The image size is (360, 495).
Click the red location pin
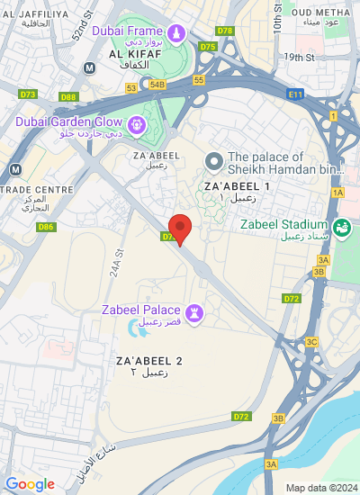(181, 229)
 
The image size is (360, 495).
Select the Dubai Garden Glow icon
(138, 124)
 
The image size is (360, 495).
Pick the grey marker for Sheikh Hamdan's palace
(213, 161)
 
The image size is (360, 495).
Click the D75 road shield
(209, 46)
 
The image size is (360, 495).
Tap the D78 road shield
(225, 31)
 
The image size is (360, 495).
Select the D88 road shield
(68, 96)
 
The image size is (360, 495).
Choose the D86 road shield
(46, 227)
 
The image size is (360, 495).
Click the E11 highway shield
(296, 93)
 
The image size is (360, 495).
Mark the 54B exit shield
(158, 85)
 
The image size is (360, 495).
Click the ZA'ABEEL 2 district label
(149, 361)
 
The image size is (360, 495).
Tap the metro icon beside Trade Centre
(15, 169)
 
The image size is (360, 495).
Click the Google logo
(30, 484)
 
